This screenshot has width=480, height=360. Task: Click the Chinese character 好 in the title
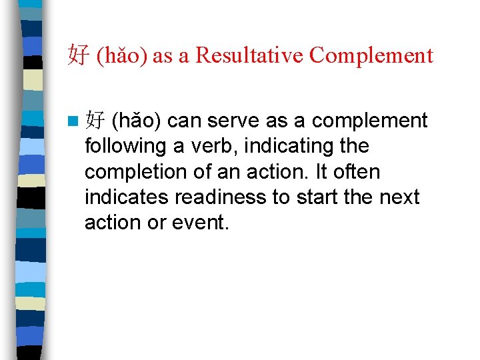(78, 55)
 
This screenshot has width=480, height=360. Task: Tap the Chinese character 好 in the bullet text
(96, 121)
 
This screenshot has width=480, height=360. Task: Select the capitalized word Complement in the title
(371, 55)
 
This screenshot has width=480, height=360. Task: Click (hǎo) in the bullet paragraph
(137, 121)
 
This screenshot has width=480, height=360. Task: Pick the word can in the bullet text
(185, 121)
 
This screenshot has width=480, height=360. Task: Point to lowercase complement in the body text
(369, 121)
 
